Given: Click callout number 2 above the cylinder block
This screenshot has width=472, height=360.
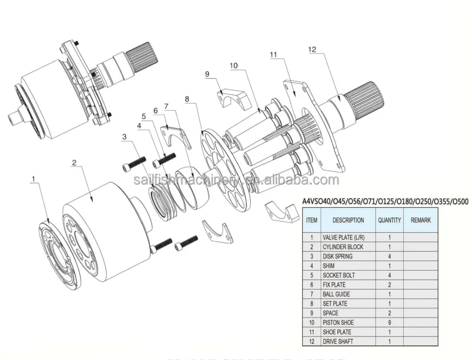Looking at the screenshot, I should (74, 163).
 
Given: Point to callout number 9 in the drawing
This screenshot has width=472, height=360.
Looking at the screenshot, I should (207, 74).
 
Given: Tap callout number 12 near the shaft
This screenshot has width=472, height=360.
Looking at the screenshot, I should (312, 50).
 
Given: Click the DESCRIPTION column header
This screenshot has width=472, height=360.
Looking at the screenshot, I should (347, 220).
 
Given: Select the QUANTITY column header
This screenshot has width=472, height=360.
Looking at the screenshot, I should (389, 220).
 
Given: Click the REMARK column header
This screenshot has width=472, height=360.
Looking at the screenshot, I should (420, 220).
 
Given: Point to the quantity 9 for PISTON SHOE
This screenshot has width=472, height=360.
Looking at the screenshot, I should (389, 322).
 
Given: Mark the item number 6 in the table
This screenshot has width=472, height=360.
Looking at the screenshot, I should (311, 285).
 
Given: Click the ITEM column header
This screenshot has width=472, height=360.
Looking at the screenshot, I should (311, 220).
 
